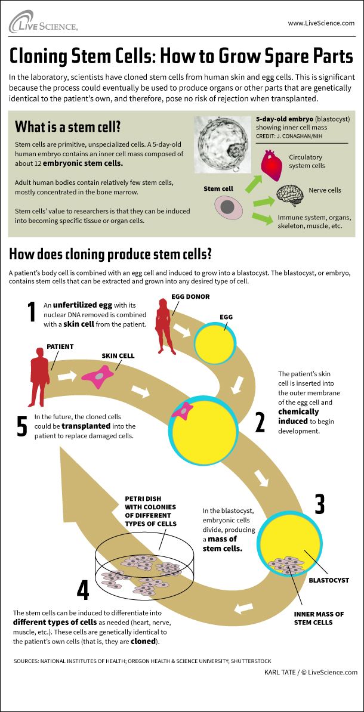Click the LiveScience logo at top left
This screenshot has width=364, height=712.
[43, 22]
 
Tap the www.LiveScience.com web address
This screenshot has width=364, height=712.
[321, 23]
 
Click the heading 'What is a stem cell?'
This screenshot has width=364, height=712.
[68, 126]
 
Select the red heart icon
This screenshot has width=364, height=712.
[275, 164]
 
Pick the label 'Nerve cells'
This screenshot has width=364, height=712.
[325, 190]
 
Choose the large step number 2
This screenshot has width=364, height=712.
[260, 422]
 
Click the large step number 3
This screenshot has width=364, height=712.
[319, 504]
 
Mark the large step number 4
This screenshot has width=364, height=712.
[84, 590]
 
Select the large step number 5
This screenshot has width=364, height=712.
[22, 426]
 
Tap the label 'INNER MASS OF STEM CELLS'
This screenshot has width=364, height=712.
[318, 618]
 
